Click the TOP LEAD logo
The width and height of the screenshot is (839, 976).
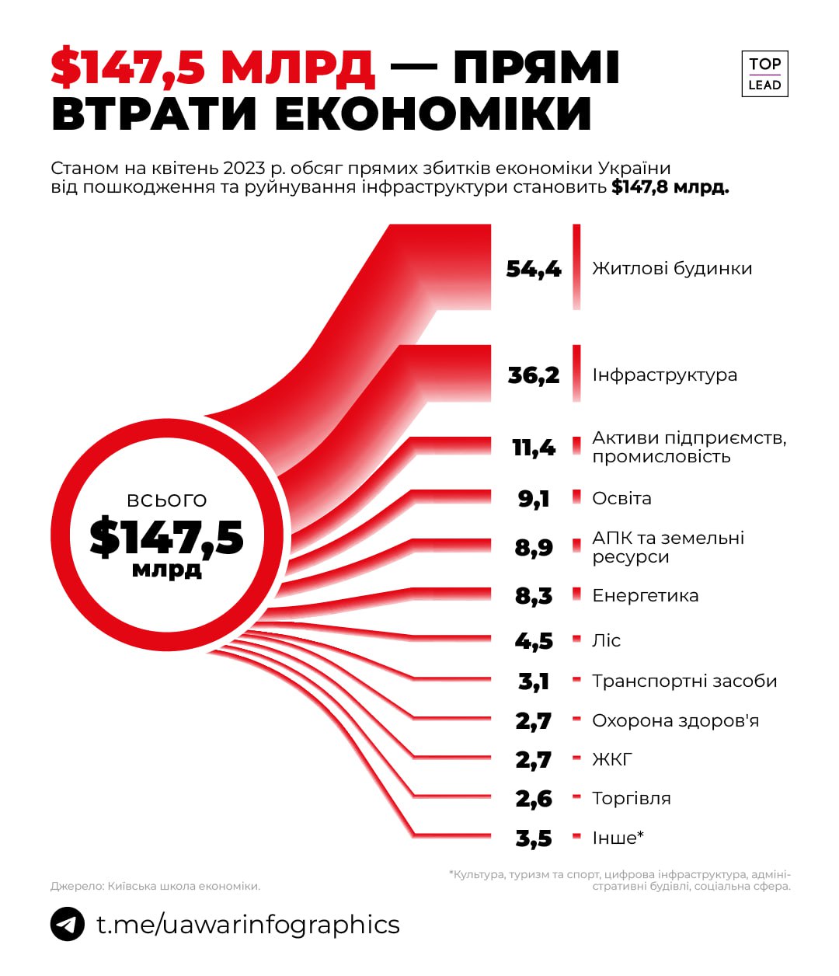click(x=764, y=75)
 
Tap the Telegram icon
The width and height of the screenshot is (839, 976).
click(x=68, y=925)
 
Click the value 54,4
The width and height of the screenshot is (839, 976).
click(x=534, y=269)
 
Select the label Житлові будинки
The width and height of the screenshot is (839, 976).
click(x=672, y=269)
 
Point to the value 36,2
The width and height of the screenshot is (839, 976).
click(x=534, y=375)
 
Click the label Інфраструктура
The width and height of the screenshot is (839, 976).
click(x=664, y=375)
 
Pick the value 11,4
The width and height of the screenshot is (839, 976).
click(x=534, y=448)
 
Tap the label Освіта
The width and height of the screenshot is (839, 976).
click(x=621, y=499)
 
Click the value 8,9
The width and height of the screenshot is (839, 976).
click(x=534, y=548)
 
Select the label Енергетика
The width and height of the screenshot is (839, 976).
click(x=645, y=596)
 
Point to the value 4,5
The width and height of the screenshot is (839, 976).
click(x=534, y=641)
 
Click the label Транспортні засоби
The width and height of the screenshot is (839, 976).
click(x=684, y=681)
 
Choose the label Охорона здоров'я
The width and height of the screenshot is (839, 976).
click(x=675, y=721)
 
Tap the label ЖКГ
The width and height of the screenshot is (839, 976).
click(x=612, y=759)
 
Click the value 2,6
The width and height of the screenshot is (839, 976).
click(x=534, y=799)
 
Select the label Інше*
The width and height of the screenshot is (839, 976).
click(x=618, y=838)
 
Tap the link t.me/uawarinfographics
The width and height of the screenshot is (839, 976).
click(x=248, y=925)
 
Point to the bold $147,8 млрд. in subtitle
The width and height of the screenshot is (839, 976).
click(x=670, y=187)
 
